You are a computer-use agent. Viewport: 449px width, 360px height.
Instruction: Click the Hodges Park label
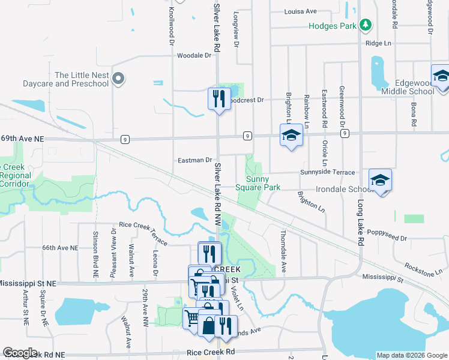point(332,26)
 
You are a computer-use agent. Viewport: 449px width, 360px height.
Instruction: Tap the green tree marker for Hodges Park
point(365,25)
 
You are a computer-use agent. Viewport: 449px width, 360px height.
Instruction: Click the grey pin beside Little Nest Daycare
point(119,78)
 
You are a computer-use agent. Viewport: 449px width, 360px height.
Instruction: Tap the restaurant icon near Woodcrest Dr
point(218,98)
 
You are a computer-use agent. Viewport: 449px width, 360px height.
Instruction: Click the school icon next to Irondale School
point(381,179)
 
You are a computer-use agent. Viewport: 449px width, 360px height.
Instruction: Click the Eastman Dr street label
point(195,160)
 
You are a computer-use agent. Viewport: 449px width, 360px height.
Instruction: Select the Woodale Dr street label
point(194,55)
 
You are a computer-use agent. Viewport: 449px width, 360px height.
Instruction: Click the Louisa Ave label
point(300,11)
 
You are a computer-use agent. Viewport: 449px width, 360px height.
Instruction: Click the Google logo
point(20,353)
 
